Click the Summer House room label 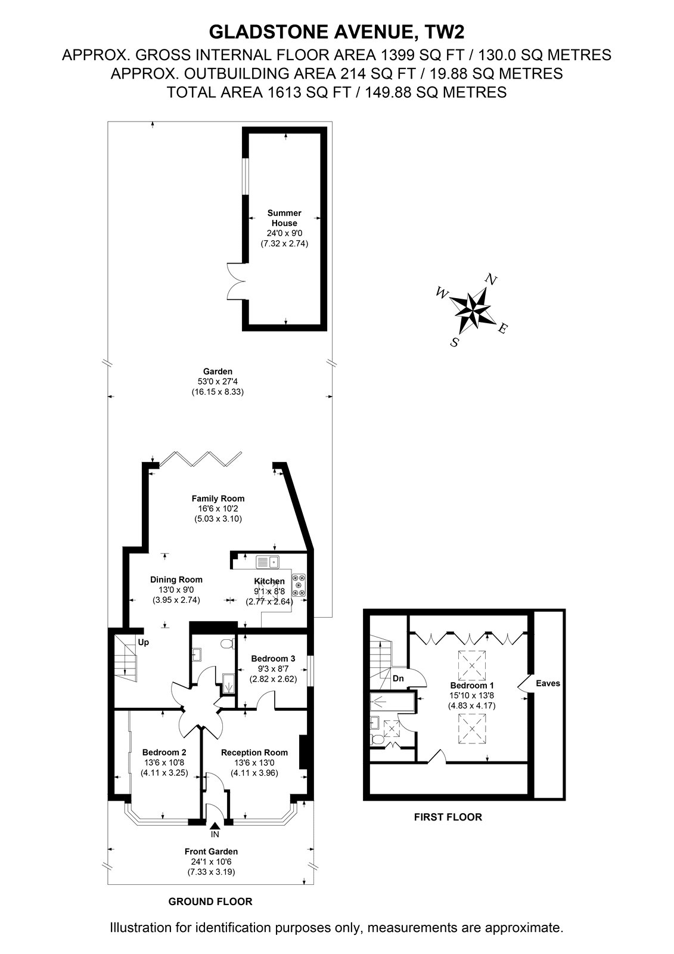tap(284, 218)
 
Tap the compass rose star tap(472, 309)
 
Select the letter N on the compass tap(491, 280)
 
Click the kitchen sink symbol tap(267, 562)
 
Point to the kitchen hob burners tap(299, 586)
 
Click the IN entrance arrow tap(215, 825)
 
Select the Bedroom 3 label tap(273, 658)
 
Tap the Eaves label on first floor tap(548, 683)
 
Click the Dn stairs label tap(398, 679)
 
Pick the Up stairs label tap(144, 642)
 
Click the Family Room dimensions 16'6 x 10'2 tap(218, 509)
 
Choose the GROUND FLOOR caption tap(210, 902)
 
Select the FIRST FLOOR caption tap(448, 817)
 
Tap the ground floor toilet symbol tap(228, 643)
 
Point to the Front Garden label tap(211, 851)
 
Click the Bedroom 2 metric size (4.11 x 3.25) tap(164, 773)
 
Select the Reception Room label tap(254, 752)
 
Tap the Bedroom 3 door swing tap(266, 701)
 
